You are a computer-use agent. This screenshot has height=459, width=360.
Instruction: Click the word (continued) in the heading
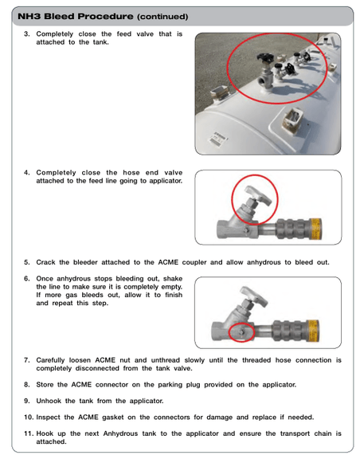point(162,17)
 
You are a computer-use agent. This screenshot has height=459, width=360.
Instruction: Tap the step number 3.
point(26,34)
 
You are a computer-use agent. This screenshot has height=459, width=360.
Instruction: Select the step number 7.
point(26,360)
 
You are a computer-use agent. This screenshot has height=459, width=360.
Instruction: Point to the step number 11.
point(29,433)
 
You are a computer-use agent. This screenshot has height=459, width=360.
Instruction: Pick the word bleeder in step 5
point(85,262)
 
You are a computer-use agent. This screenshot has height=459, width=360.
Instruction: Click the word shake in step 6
point(173,278)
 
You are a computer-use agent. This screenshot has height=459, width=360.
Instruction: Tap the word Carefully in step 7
point(50,360)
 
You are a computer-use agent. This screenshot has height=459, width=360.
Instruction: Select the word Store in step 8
point(45,385)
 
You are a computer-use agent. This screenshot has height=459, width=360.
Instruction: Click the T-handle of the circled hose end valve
point(258,195)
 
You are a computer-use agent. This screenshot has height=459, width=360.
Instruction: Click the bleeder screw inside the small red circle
point(242,332)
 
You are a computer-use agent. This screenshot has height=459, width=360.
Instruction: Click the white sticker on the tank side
point(218,138)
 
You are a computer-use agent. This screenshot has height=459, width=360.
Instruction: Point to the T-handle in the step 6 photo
point(254,296)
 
